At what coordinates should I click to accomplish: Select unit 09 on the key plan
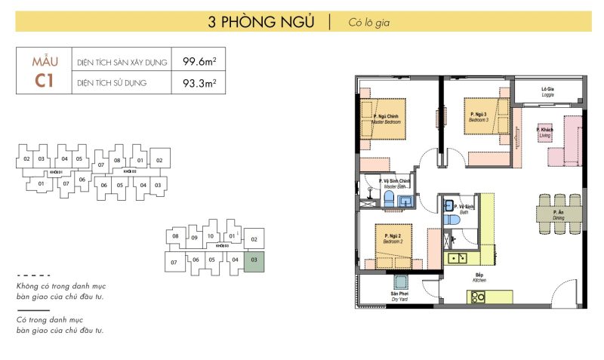click(x=194, y=238)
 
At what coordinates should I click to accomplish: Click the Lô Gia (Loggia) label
click(x=549, y=92)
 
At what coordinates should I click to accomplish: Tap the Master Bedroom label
click(x=386, y=119)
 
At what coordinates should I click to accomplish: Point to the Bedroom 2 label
click(x=393, y=238)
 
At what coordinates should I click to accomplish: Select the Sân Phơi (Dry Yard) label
click(x=399, y=296)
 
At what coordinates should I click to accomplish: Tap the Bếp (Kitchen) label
click(x=479, y=277)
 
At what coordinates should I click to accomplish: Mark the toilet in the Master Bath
click(x=388, y=198)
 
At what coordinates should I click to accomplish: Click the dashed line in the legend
click(x=33, y=275)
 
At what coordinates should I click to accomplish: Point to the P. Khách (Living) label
click(x=544, y=132)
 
